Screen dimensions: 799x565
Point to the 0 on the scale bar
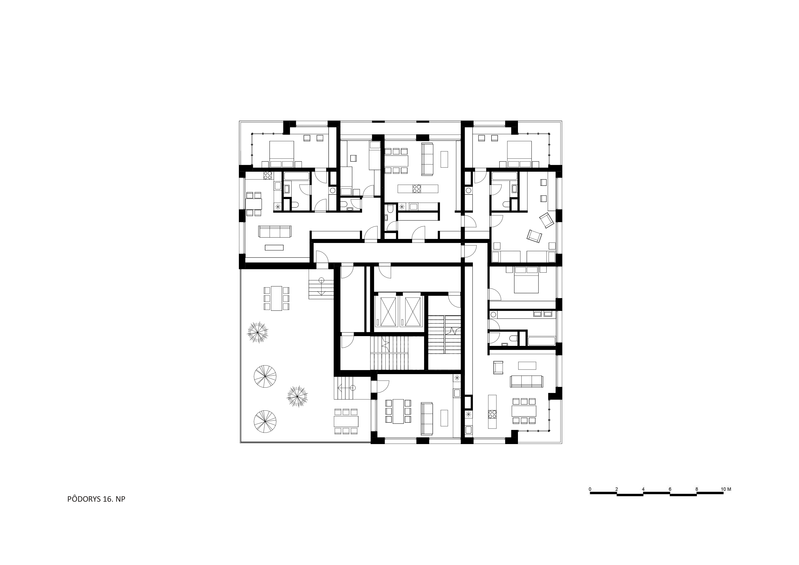590,489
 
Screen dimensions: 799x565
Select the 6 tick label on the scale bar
670,489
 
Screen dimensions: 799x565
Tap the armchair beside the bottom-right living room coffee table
498,367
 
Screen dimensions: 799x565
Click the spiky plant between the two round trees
297,396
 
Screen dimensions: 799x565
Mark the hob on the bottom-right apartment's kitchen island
492,414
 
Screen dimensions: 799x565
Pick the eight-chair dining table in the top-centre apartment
396,161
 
